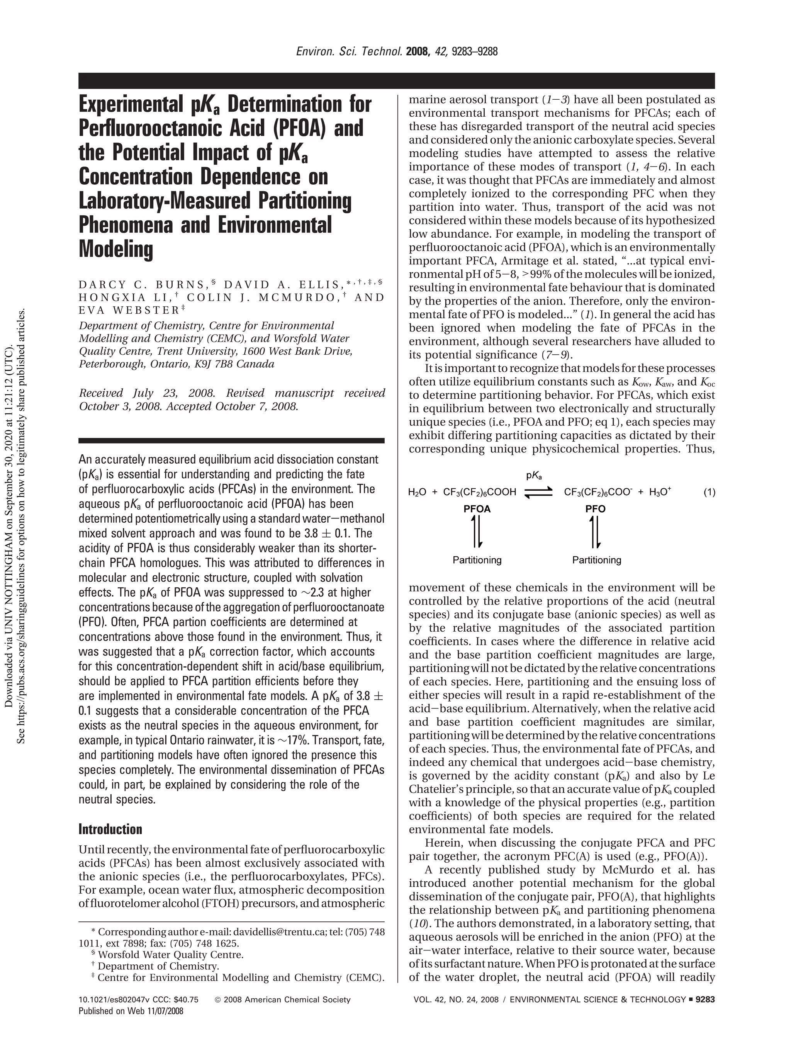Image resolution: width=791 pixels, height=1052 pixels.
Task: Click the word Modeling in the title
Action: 116,250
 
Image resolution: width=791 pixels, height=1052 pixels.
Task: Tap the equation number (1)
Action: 709,492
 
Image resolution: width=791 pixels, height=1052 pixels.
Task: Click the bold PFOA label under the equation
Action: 477,509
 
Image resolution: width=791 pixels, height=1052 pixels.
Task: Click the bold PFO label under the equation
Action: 595,509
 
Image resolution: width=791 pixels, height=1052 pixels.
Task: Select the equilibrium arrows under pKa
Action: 538,493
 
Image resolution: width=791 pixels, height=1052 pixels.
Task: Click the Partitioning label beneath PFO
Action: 597,560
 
